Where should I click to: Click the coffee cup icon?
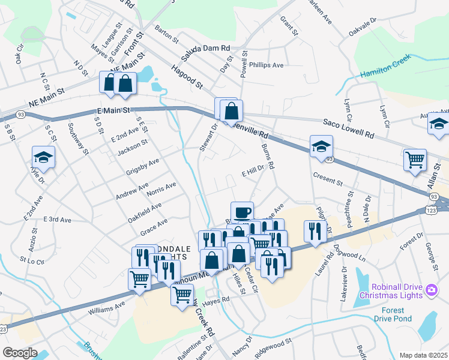(242, 212)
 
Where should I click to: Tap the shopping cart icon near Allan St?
(415, 160)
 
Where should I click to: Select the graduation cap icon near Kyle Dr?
(43, 157)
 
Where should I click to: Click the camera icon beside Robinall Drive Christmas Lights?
(430, 290)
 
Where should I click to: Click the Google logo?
(20, 353)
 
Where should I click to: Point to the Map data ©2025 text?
(423, 355)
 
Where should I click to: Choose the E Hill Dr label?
(253, 172)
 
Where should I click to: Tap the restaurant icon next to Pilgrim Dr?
(315, 230)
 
